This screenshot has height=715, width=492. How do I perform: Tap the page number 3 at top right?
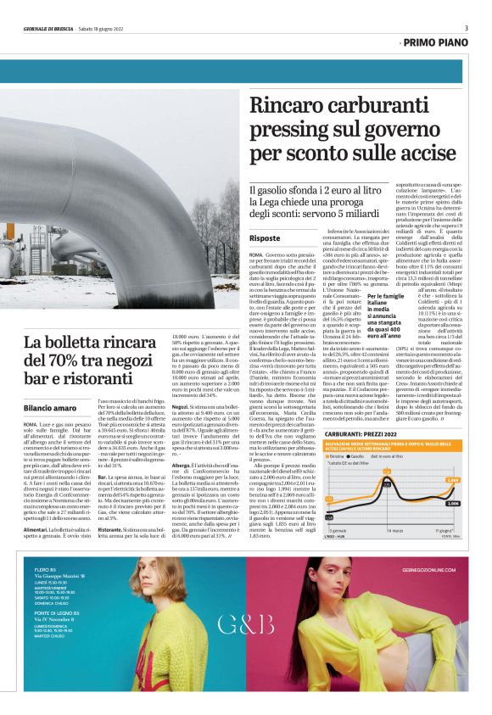point(465,27)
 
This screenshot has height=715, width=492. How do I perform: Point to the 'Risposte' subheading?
point(267,239)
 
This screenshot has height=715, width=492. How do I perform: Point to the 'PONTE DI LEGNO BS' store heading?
point(54,634)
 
